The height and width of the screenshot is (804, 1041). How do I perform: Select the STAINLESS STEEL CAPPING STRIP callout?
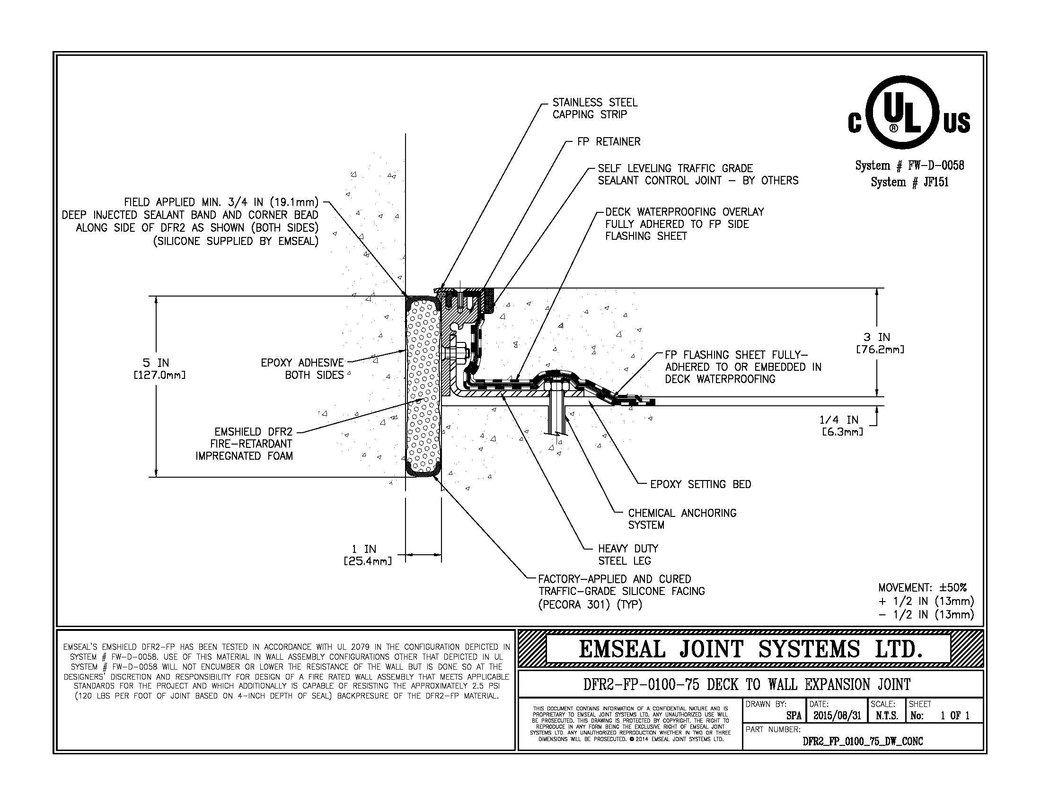tap(594, 109)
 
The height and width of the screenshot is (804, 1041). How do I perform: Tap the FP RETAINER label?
tap(608, 142)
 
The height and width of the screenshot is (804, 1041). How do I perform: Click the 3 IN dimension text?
tap(880, 343)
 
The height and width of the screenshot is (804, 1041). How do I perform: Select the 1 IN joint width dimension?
tap(367, 555)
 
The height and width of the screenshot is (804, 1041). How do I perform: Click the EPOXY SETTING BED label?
tap(700, 485)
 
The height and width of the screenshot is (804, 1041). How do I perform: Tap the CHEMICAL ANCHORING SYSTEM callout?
tap(681, 519)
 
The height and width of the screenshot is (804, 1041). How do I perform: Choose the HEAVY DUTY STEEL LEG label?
tap(628, 555)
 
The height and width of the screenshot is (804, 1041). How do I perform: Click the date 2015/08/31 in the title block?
tap(837, 716)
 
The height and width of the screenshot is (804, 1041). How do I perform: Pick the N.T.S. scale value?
tap(887, 716)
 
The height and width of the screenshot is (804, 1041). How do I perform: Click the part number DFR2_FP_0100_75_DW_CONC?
tap(863, 741)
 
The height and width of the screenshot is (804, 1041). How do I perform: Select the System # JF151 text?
tap(909, 183)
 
